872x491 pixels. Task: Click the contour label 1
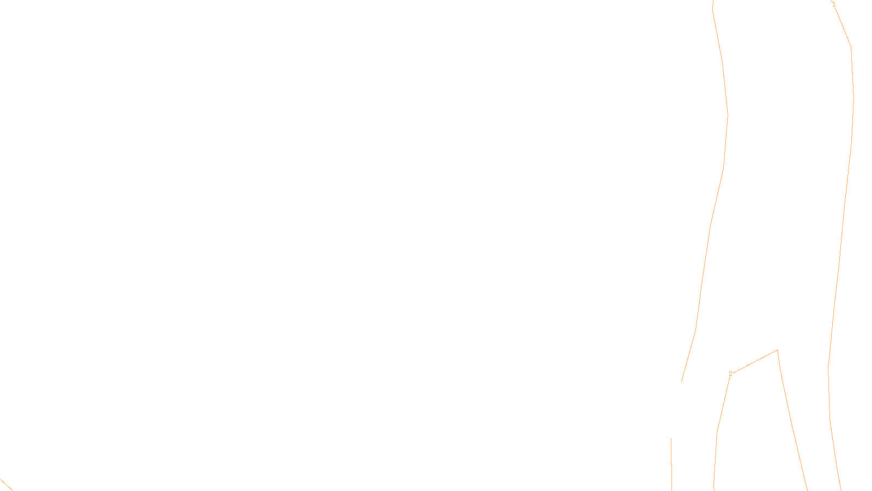833,4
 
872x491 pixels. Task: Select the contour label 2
730,374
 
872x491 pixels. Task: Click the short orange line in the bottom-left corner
5,484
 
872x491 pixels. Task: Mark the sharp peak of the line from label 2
777,350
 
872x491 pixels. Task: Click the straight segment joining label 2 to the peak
755,362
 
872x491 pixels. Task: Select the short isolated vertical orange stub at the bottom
671,464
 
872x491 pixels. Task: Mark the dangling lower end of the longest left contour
682,381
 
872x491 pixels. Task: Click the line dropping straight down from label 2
718,426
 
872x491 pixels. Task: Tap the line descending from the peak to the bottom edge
793,426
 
